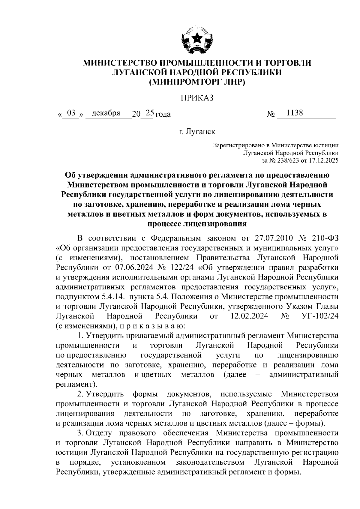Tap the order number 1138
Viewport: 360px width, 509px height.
[295, 113]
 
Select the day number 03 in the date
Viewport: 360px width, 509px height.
[71, 113]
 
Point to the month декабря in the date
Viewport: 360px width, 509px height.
[106, 113]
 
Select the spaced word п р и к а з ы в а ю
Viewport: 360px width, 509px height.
[151, 326]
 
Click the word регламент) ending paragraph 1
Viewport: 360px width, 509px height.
[76, 384]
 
